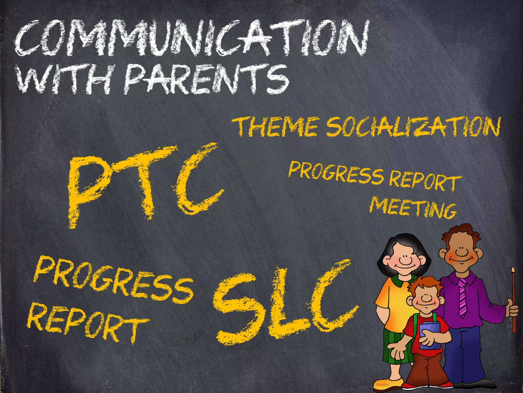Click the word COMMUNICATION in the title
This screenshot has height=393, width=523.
(192, 38)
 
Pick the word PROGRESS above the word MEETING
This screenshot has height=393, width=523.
(336, 173)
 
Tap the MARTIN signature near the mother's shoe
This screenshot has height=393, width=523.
(382, 385)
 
